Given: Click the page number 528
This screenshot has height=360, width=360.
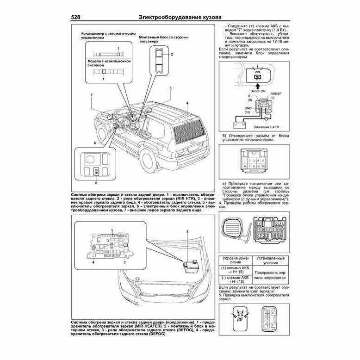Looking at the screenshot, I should pyautogui.click(x=78, y=17).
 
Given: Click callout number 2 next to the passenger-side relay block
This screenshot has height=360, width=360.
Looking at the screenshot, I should pyautogui.click(x=172, y=55).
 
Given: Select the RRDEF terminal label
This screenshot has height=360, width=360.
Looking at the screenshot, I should pyautogui.click(x=275, y=94).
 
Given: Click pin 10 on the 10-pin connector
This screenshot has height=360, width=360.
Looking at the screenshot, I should pyautogui.click(x=263, y=165).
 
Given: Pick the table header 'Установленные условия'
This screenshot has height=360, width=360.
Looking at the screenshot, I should pyautogui.click(x=268, y=261).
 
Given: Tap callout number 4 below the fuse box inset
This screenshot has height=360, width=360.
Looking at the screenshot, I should pyautogui.click(x=93, y=262).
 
